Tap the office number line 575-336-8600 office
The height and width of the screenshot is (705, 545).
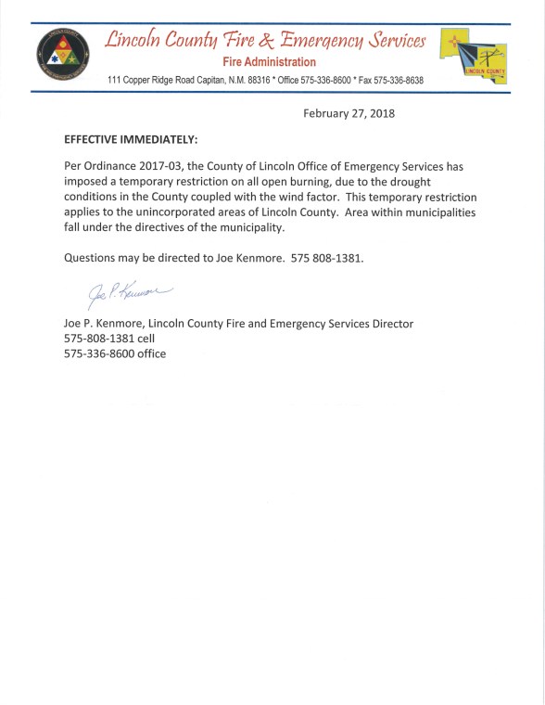pyautogui.click(x=115, y=354)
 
